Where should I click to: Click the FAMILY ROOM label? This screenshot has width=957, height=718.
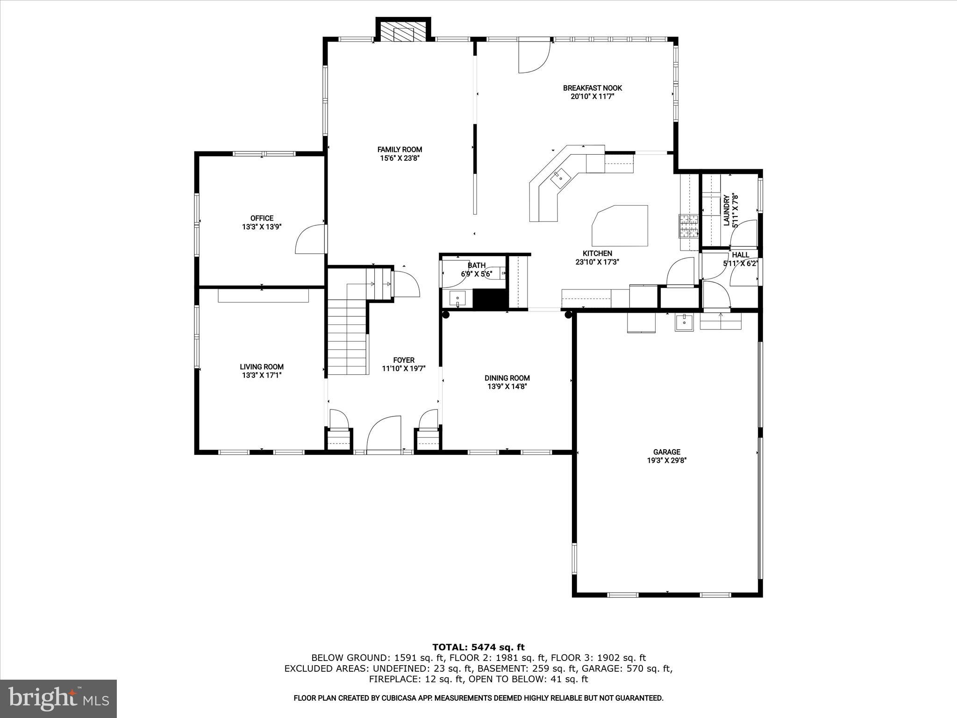[400, 150]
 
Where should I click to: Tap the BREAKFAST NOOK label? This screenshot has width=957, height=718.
[592, 88]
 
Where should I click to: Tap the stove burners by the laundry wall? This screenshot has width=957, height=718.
[688, 226]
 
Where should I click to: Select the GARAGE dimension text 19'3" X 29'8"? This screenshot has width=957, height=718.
[666, 460]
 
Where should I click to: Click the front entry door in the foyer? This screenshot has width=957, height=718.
[384, 434]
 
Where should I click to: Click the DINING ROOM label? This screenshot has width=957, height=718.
[507, 378]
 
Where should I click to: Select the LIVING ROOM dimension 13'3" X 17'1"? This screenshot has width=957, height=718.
[262, 375]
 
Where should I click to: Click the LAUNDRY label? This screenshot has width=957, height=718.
[726, 210]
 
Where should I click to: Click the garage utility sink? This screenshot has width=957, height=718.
[684, 322]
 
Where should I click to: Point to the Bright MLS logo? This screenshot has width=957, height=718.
[58, 698]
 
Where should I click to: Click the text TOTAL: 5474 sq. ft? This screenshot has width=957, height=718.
[478, 647]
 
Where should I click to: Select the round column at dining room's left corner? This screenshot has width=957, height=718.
[446, 315]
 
